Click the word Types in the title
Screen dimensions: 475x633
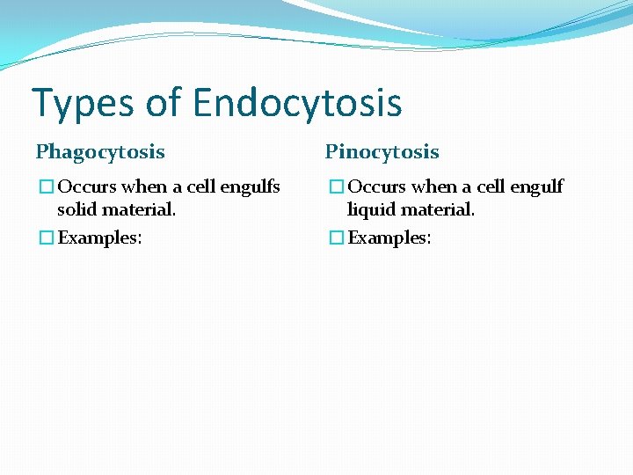79,103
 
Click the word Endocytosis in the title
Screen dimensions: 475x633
297,103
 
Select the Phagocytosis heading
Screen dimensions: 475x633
100,152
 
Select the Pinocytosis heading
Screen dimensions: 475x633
382,152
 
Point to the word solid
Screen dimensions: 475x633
77,210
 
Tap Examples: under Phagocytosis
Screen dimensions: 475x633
99,237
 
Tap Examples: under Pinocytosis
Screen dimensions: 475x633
389,237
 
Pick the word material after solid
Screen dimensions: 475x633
139,210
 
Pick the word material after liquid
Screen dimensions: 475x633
438,210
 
